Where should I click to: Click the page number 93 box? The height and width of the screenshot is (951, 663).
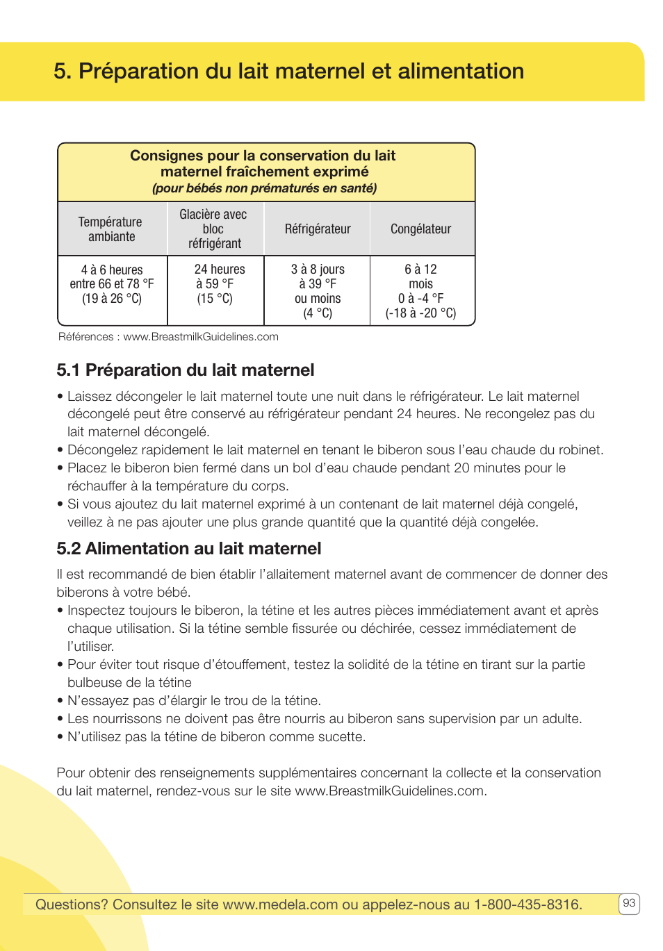[629, 903]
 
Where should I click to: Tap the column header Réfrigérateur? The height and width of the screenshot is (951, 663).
[318, 229]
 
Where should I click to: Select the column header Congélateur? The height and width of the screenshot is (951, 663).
[420, 229]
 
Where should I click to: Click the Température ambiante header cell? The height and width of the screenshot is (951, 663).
[110, 229]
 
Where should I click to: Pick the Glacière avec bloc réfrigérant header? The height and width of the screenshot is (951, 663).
[213, 229]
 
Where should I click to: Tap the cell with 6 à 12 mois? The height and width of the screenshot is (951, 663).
[420, 290]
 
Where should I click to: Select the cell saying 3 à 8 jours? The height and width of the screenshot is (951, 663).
[318, 290]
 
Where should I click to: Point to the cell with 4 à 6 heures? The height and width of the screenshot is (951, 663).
[112, 283]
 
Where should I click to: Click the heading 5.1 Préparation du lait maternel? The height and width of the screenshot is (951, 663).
[186, 370]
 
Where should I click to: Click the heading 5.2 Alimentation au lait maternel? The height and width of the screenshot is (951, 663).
[189, 549]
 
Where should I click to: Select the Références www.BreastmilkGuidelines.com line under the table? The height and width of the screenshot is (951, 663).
[168, 337]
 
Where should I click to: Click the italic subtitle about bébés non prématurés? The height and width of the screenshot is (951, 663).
[264, 188]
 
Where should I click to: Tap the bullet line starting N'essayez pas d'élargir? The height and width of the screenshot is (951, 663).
[193, 701]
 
